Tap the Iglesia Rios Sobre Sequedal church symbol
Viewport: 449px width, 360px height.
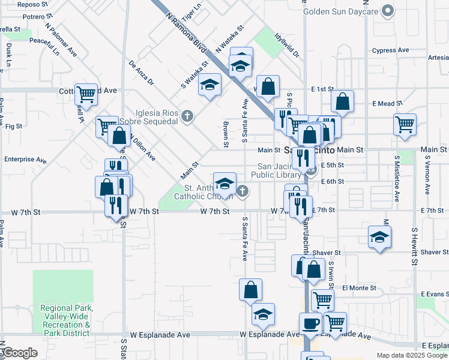[187, 116]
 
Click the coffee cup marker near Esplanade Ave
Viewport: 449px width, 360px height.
[310, 323]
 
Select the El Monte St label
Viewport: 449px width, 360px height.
[359, 288]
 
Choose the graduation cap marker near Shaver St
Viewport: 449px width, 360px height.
[380, 237]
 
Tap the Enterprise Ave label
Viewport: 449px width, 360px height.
[25, 160]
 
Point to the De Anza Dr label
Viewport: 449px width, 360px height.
[142, 72]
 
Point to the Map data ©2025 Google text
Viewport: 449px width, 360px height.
[411, 355]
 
